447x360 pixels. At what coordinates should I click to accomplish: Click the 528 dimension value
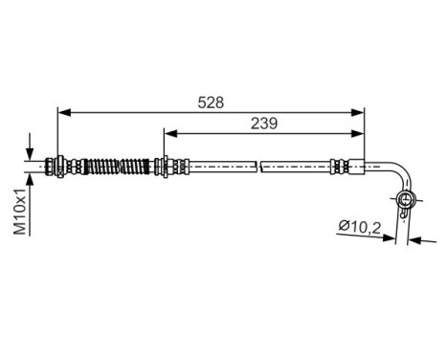coord(212,101)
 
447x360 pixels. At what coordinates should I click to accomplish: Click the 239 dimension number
coord(264,122)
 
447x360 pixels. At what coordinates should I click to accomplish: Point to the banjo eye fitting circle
coord(406,199)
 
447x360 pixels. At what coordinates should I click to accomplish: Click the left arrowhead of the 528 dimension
coord(64,112)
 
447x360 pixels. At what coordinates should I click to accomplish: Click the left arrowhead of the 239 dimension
coord(168,133)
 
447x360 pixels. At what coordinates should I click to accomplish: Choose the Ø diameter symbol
coord(343,228)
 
